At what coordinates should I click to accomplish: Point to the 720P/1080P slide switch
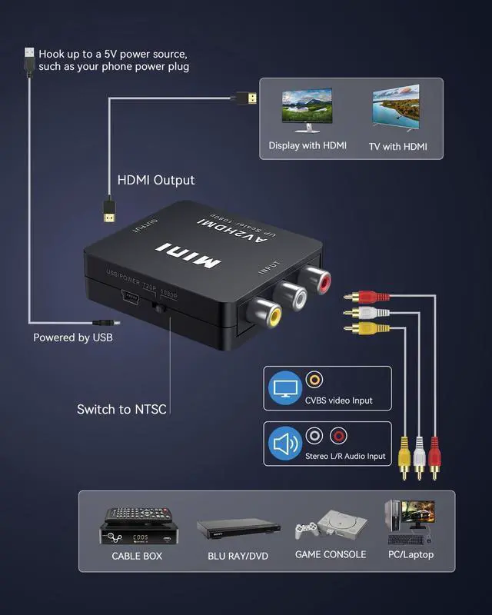[161, 307]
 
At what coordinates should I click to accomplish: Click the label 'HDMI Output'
[156, 181]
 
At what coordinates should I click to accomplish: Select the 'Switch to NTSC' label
[121, 409]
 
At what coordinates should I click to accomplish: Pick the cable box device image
[136, 525]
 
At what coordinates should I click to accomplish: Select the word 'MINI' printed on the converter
[189, 256]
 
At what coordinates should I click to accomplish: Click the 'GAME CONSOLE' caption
[331, 555]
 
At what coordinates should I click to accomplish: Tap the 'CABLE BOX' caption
[137, 556]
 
